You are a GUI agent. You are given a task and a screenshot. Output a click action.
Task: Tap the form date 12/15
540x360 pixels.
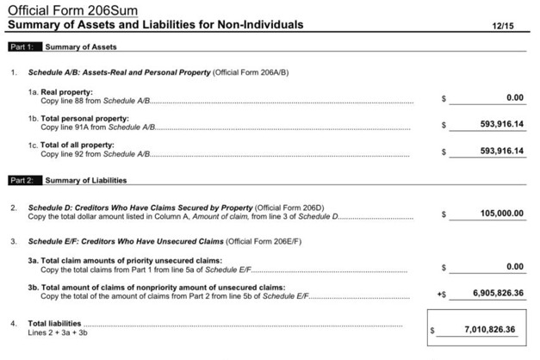pos(503,26)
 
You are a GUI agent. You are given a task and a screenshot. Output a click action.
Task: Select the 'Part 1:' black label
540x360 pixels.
pos(21,47)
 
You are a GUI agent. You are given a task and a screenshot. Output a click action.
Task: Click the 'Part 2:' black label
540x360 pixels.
pos(21,181)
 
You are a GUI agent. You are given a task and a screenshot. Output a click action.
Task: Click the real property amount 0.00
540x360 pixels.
pos(516,98)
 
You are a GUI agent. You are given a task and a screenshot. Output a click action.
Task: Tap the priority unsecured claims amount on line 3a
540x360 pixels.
pos(516,267)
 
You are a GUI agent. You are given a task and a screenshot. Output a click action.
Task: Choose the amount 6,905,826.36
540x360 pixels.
pos(499,294)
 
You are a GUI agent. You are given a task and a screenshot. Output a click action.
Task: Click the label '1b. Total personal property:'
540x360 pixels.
pos(78,118)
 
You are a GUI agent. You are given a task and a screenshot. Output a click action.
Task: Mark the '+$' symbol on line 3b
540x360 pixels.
pos(442,295)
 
